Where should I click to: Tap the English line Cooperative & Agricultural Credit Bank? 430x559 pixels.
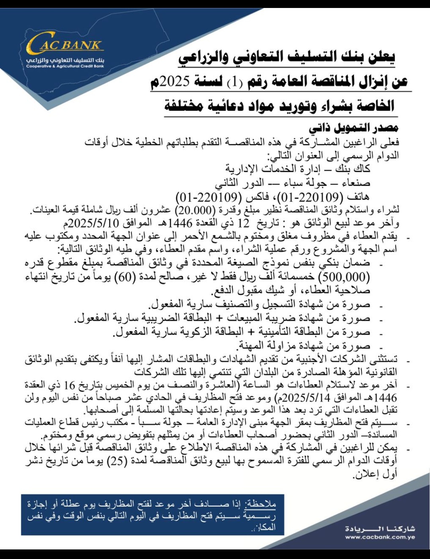(x=65, y=66)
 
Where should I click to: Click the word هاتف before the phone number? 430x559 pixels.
(x=358, y=196)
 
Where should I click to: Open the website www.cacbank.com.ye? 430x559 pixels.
(x=380, y=537)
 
